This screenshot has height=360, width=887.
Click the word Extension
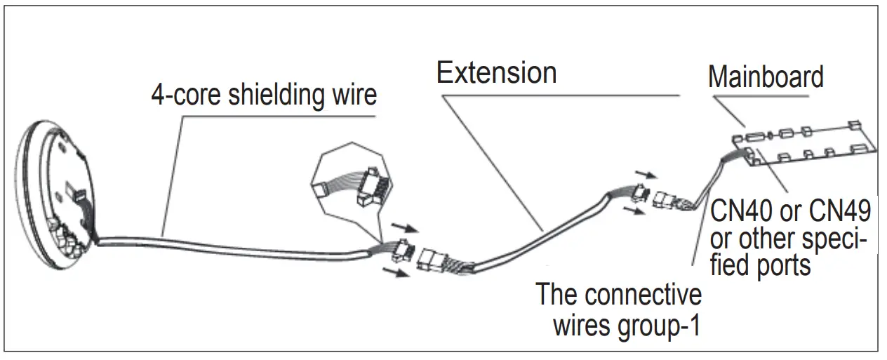496,73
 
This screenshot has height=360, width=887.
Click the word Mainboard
766,76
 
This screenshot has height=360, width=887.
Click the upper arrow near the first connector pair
404,229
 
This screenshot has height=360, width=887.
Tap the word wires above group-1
587,326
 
